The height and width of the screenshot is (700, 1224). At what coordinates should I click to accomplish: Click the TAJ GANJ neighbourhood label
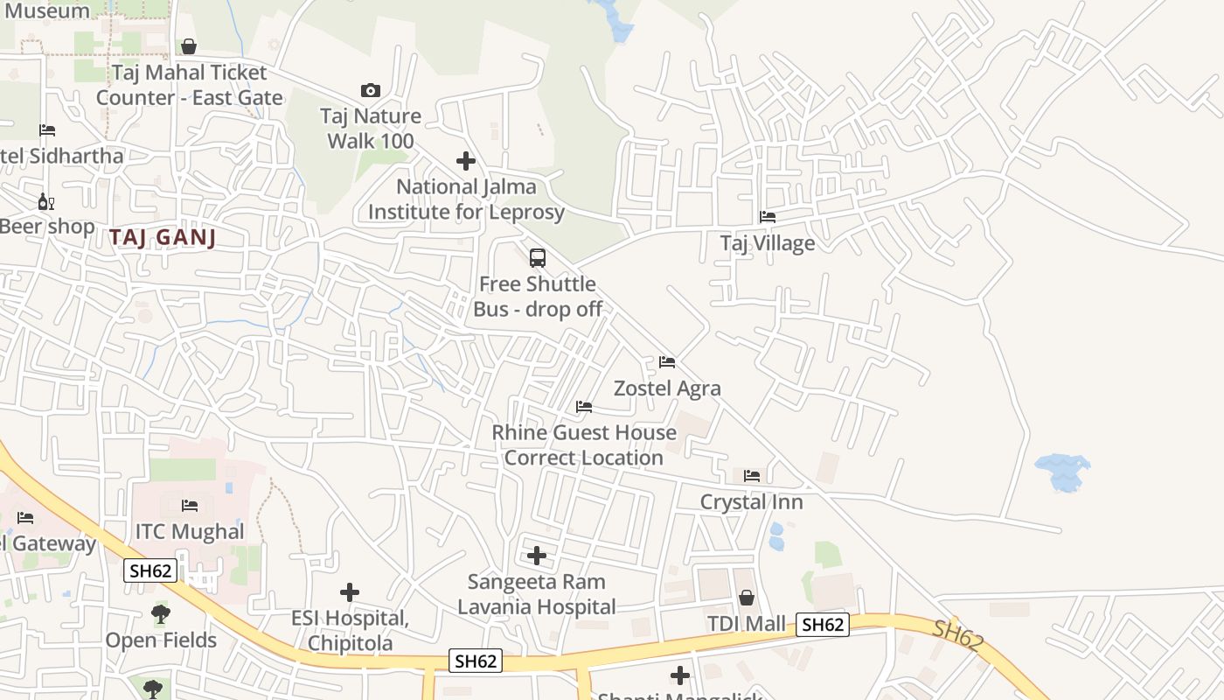click(x=163, y=238)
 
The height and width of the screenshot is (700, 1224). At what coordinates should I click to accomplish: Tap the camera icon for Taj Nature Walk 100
click(x=371, y=90)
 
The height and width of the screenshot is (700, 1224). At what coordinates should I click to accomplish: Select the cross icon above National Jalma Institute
click(x=466, y=161)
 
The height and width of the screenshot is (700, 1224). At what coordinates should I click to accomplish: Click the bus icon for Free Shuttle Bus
click(x=538, y=258)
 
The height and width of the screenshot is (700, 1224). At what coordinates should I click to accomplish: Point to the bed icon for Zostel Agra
click(x=667, y=362)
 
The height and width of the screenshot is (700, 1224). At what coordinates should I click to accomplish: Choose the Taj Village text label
click(x=768, y=243)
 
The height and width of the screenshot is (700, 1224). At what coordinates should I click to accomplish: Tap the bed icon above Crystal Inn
click(x=752, y=476)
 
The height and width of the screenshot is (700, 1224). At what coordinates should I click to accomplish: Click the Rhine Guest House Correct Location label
click(x=583, y=444)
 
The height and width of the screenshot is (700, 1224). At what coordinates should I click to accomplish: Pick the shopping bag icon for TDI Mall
click(x=747, y=598)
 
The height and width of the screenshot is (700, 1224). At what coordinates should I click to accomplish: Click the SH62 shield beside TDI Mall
click(x=823, y=624)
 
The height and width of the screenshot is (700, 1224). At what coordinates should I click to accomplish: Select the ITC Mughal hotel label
click(x=190, y=531)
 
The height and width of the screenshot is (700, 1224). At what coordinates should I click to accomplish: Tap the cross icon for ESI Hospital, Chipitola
click(x=350, y=592)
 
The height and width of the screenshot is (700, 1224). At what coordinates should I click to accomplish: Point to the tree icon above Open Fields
click(x=161, y=613)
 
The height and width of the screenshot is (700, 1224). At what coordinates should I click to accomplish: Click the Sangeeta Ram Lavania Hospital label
click(x=537, y=594)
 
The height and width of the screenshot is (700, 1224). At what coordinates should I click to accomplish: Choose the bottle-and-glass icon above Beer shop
click(x=45, y=201)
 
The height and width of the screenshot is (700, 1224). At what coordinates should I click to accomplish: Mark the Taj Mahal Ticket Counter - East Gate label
click(x=189, y=85)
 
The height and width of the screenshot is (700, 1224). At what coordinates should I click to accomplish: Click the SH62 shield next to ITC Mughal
click(x=150, y=571)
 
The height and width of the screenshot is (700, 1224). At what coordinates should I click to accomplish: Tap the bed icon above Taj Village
click(x=768, y=217)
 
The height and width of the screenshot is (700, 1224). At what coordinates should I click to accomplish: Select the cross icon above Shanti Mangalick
click(x=680, y=675)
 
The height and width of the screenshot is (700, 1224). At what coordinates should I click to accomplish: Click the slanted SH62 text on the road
click(x=958, y=635)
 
